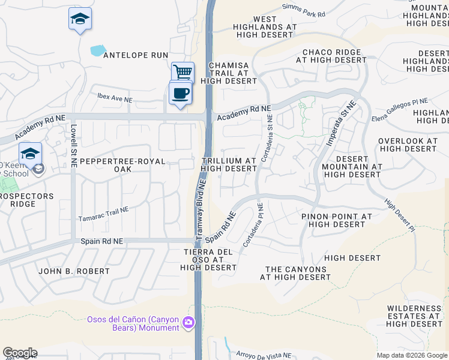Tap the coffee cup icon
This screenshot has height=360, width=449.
point(180,94)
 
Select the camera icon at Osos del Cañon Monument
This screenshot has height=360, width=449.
point(188,323)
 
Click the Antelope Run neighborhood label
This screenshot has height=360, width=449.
point(136,55)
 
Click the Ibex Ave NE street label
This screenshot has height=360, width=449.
point(115,98)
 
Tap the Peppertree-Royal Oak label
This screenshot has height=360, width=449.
point(113,165)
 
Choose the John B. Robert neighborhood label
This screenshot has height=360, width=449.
point(74,271)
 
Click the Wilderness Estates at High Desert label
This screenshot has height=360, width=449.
point(414,316)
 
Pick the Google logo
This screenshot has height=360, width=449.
point(20,353)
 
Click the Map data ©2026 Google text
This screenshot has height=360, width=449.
point(412,355)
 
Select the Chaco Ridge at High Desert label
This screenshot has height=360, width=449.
point(331,56)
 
